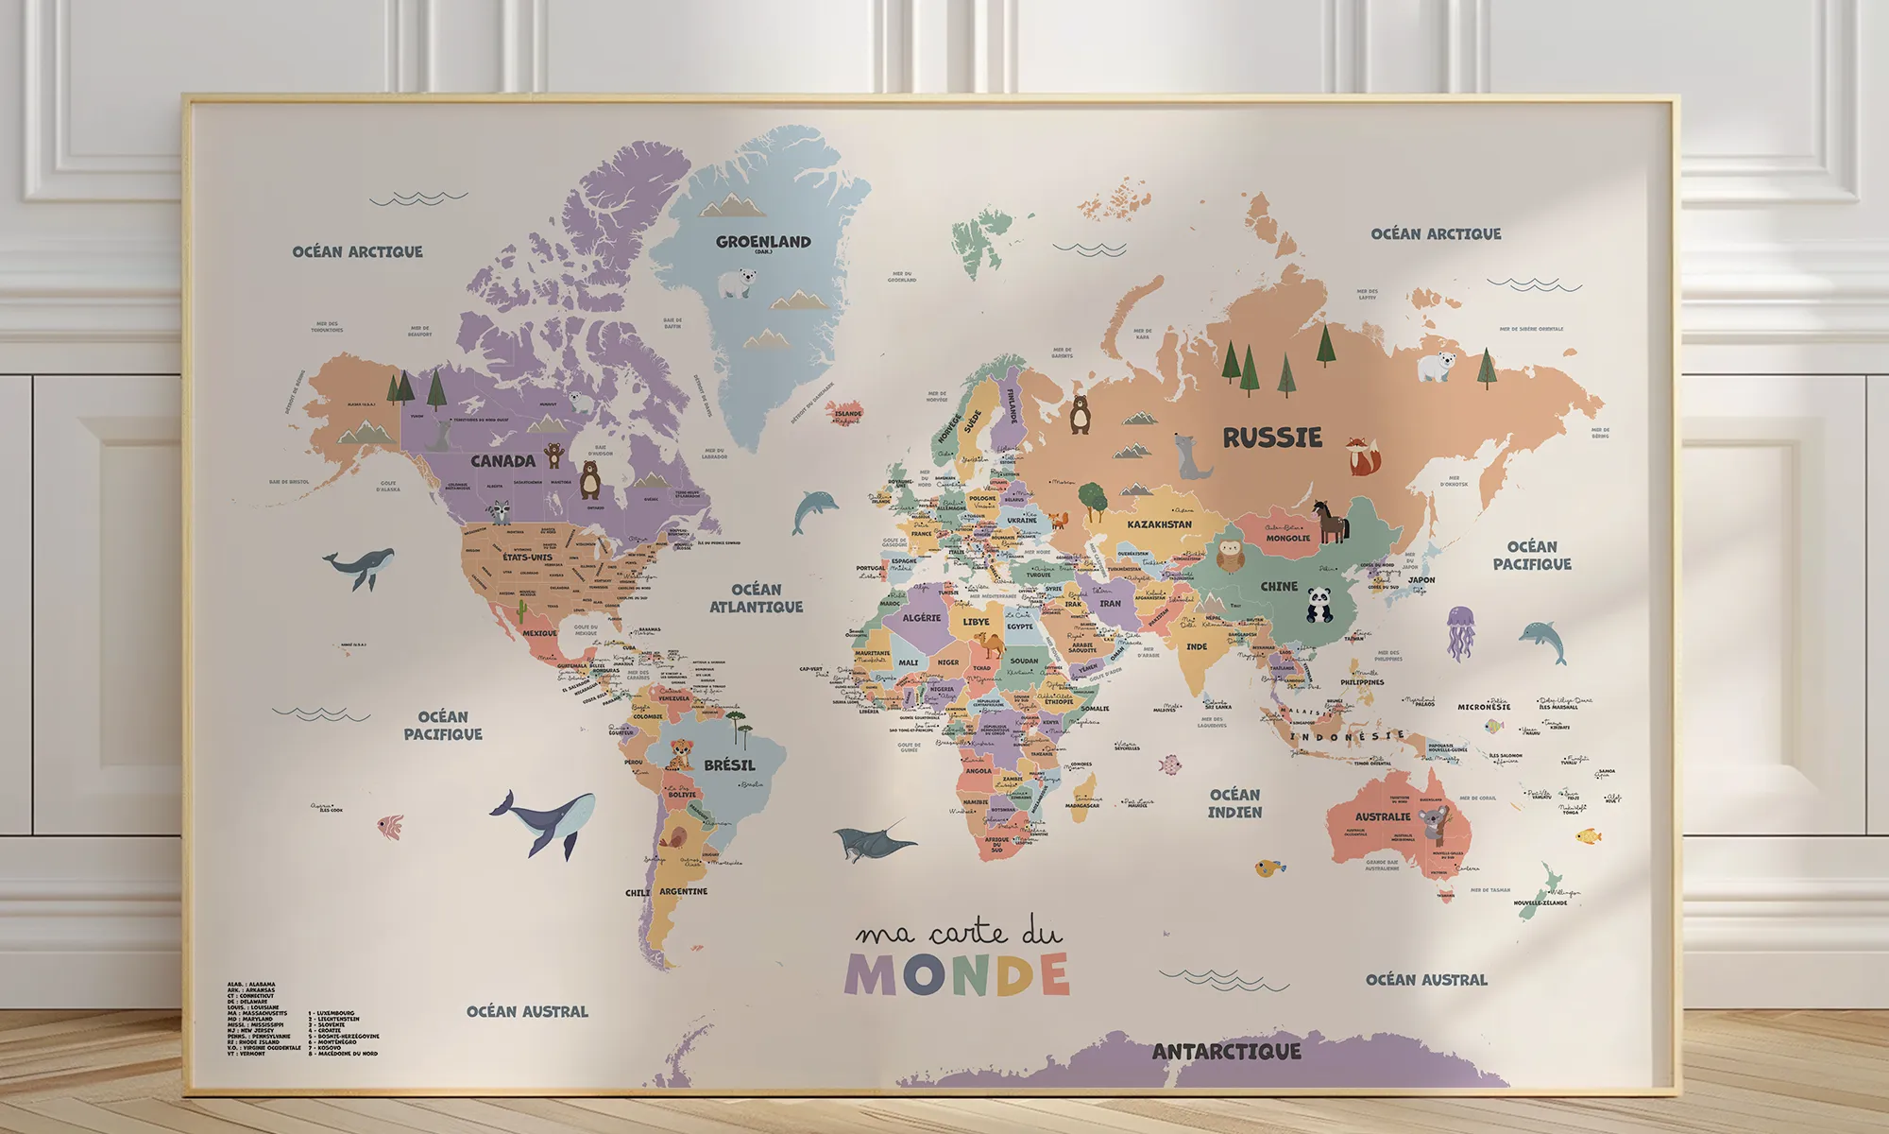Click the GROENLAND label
point(763,242)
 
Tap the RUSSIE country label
point(1272,438)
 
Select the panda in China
point(1319,605)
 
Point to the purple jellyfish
point(1459,633)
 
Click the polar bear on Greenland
point(737,283)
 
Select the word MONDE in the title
point(957,975)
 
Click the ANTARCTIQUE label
point(1226,1051)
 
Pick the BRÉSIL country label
point(729,765)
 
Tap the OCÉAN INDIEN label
point(1234,803)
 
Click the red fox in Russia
point(1362,456)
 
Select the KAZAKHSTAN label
point(1159,524)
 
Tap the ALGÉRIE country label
point(921,618)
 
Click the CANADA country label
point(502,461)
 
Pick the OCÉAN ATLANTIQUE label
point(756,598)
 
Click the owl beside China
point(1230,557)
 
